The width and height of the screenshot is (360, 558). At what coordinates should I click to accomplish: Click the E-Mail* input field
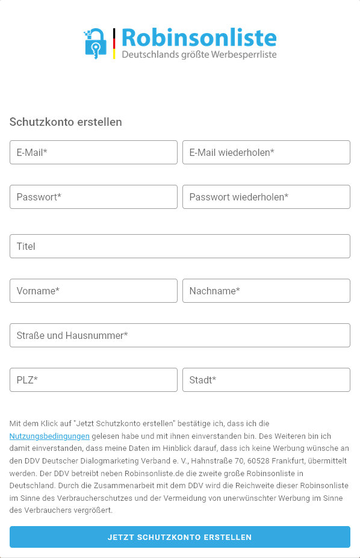pos(93,152)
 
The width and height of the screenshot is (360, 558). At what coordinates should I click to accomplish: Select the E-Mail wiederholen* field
pos(266,152)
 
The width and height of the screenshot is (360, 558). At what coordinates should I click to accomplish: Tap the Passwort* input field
pos(93,197)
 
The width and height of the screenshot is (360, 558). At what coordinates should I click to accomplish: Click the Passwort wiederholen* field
pos(266,197)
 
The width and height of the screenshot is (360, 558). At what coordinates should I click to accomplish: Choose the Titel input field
pos(179,246)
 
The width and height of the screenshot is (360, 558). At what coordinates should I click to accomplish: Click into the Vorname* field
pos(93,291)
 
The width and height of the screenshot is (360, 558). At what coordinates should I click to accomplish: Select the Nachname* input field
pos(266,291)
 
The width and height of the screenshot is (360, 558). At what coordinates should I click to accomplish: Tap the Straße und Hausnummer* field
pos(179,335)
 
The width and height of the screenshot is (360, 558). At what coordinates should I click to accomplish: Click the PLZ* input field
pos(93,380)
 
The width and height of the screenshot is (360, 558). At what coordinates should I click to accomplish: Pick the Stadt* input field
pos(266,380)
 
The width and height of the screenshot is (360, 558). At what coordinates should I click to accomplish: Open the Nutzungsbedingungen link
pos(49,436)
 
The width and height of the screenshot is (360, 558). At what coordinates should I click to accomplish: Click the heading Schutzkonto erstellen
pos(66,122)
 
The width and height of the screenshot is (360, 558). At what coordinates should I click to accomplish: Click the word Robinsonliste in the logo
pos(199,38)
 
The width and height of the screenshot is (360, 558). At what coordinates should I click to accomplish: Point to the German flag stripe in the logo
pos(114,43)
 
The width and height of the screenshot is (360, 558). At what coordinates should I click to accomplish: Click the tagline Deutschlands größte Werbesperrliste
pos(199,55)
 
